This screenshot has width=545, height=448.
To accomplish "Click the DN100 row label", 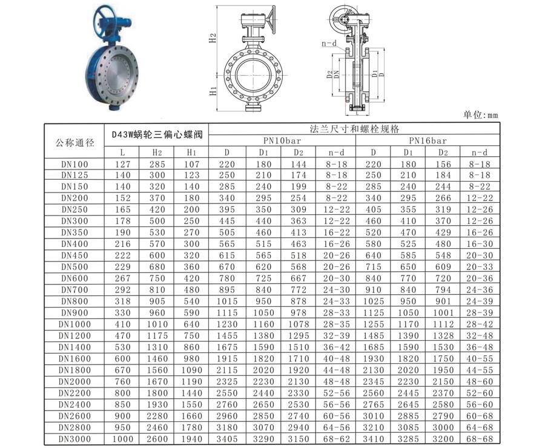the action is point(74,164).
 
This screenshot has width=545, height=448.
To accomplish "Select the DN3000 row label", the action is point(74,439).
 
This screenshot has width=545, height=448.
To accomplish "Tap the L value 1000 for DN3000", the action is point(123,439).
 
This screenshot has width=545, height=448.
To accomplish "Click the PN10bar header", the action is point(282,140).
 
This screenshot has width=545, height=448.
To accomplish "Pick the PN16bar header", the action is point(428,140).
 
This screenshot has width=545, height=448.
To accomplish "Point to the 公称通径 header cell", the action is point(74,142).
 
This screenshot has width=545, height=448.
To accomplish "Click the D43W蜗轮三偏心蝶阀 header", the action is point(157,134).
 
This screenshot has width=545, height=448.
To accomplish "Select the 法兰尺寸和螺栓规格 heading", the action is point(354,129).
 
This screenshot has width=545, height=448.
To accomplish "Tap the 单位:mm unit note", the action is point(480,114).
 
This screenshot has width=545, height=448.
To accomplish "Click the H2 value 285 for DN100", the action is point(157,164).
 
